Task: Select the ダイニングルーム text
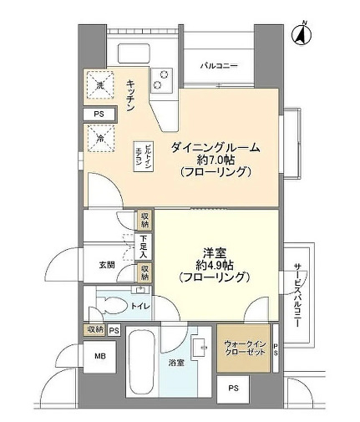pos(215,147)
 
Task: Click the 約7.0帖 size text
pos(215,160)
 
